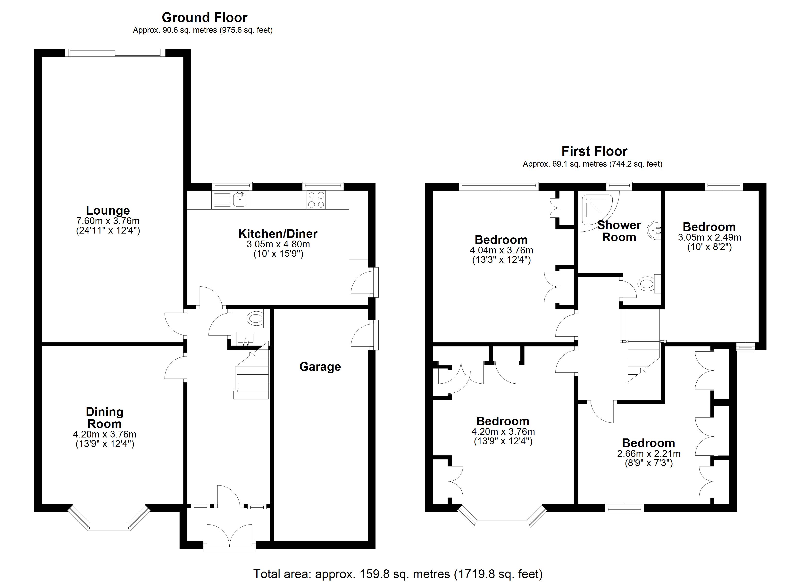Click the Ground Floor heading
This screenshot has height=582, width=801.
(204, 17)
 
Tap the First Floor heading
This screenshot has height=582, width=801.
(594, 151)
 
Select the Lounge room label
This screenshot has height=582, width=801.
(108, 210)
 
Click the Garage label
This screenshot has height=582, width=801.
(320, 367)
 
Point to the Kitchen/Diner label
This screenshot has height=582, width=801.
(278, 233)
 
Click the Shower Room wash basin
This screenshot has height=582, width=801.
(654, 229)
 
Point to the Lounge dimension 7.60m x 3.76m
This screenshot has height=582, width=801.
(108, 221)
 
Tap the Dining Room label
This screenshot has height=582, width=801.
(105, 418)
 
